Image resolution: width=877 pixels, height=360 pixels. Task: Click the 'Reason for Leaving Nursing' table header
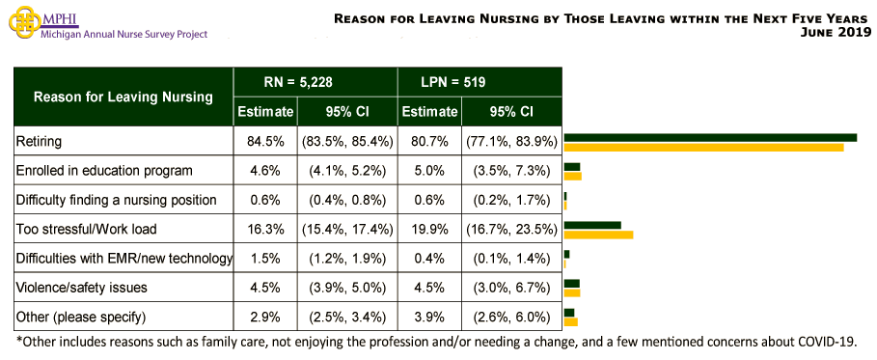tap(123, 97)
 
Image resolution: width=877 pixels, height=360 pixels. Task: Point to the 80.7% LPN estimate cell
tap(429, 141)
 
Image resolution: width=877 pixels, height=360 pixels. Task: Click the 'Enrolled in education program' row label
tap(104, 170)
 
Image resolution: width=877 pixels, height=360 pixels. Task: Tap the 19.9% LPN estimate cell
tap(429, 230)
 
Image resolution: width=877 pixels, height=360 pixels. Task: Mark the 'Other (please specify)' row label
tap(80, 317)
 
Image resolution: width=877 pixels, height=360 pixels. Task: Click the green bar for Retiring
tap(710, 137)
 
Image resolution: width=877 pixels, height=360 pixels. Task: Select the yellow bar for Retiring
tap(703, 147)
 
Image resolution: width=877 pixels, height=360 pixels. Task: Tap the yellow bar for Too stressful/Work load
tap(598, 235)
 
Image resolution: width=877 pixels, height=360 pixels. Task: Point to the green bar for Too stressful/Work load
tap(592, 225)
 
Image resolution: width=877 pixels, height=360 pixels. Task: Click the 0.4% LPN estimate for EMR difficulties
tap(429, 258)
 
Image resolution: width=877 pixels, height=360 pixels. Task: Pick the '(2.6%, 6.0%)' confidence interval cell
tap(511, 317)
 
